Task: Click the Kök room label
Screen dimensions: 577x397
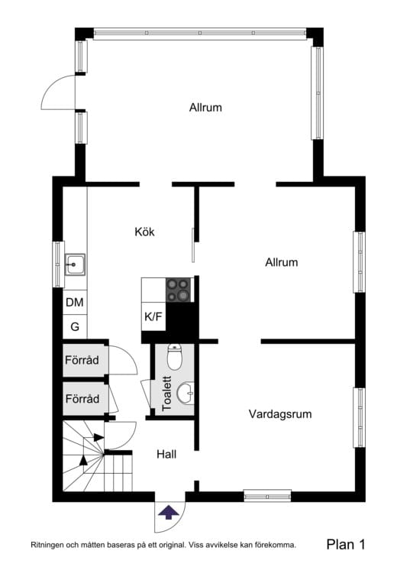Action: [x=145, y=232]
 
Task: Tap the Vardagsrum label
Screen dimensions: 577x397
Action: [x=280, y=414]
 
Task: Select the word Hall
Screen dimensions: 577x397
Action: [x=166, y=454]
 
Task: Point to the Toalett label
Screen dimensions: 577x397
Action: [x=166, y=393]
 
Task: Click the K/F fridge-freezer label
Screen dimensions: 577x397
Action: [x=153, y=316]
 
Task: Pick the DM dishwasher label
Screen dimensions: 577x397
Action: [x=74, y=303]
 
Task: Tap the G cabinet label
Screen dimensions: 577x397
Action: [x=74, y=326]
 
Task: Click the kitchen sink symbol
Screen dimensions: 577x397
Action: [x=74, y=265]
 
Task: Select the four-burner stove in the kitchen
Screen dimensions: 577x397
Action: [x=179, y=290]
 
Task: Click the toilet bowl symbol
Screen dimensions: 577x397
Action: [x=175, y=357]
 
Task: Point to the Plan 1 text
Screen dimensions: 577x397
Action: [x=346, y=545]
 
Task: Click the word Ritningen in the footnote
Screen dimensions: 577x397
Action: [x=51, y=546]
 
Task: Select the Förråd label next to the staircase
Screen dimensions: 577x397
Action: [x=82, y=399]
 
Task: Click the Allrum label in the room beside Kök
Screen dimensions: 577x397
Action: [x=281, y=262]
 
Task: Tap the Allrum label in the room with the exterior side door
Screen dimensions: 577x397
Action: [x=205, y=108]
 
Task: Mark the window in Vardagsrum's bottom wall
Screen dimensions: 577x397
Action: [x=267, y=495]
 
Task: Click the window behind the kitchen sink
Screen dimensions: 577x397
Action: [x=57, y=265]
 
